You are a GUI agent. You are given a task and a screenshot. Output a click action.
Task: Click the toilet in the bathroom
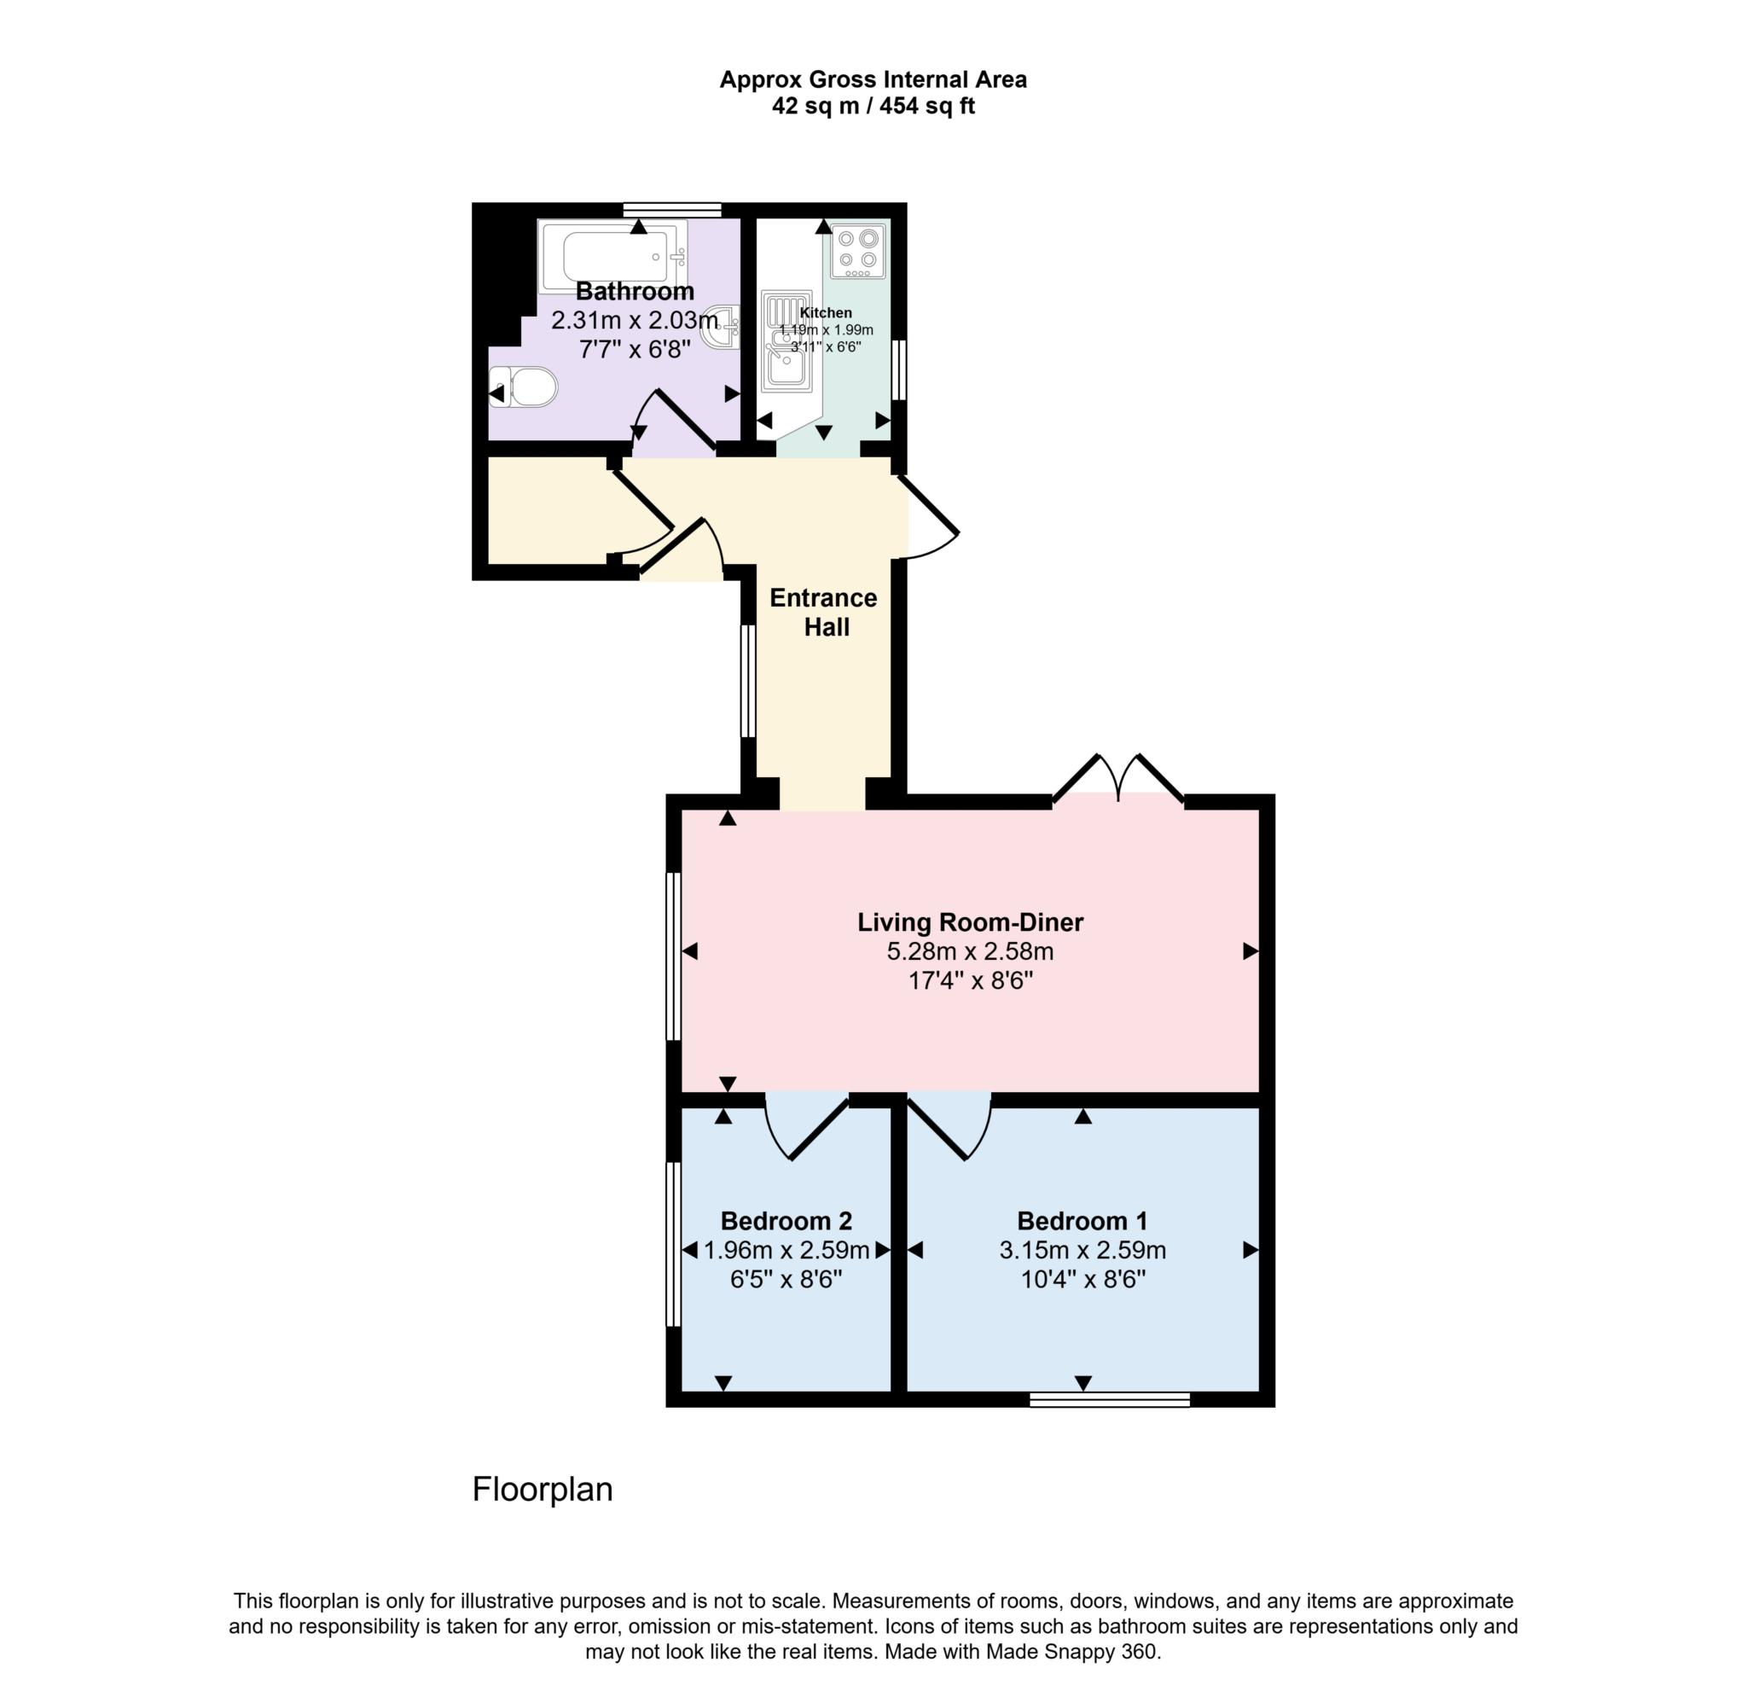[x=525, y=386]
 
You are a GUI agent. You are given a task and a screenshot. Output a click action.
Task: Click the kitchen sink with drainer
[x=786, y=342]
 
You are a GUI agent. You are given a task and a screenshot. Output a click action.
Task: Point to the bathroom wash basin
[x=723, y=327]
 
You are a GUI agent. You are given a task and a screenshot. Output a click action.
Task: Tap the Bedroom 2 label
[x=786, y=1221]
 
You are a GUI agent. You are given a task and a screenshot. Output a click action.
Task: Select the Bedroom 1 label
[x=1082, y=1221]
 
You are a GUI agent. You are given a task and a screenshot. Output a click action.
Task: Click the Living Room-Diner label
[x=970, y=922]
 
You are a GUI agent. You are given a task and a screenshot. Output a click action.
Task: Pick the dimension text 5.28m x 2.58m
[x=970, y=952]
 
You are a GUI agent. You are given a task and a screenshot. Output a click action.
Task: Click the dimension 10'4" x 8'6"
[x=1082, y=1280]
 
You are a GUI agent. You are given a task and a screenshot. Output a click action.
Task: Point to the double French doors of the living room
[x=1117, y=782]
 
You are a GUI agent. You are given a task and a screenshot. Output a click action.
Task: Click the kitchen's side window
[x=899, y=369]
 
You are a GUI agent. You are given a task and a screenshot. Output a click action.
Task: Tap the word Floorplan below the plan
[x=542, y=1490]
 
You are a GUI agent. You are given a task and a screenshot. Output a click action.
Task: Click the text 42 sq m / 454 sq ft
[x=873, y=107]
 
